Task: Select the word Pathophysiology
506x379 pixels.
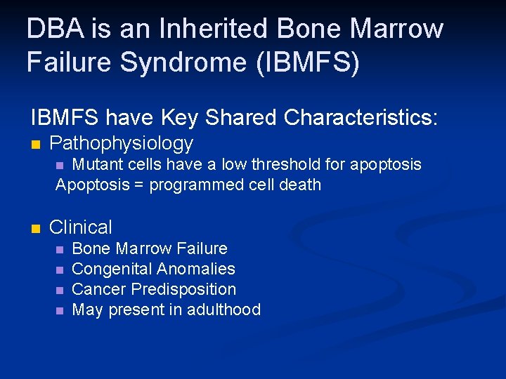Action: pyautogui.click(x=121, y=144)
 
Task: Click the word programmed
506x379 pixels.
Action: pyautogui.click(x=188, y=185)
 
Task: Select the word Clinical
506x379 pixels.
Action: pyautogui.click(x=81, y=227)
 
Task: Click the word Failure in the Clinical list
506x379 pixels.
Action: pyautogui.click(x=203, y=248)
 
